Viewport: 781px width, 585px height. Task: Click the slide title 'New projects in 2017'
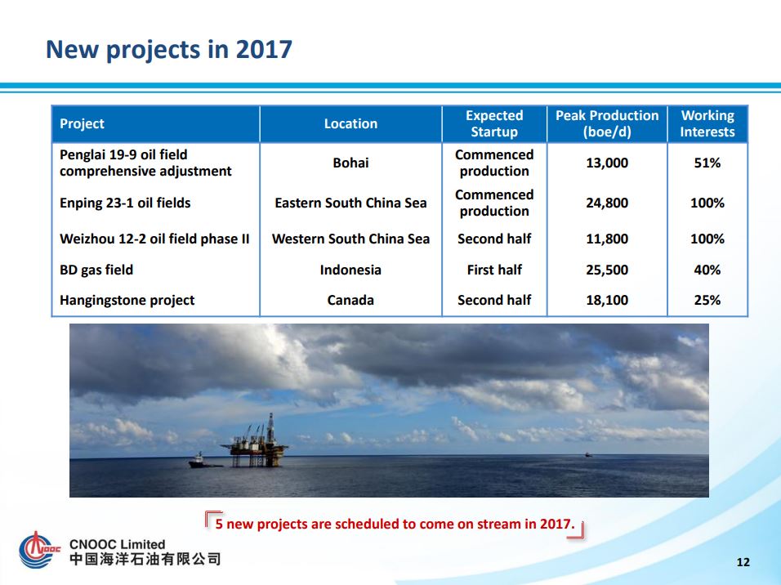[168, 49]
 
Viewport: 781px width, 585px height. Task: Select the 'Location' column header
[350, 123]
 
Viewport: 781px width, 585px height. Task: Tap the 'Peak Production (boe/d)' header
[607, 123]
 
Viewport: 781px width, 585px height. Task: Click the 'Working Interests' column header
[707, 123]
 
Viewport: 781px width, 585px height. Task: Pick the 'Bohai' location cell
[350, 163]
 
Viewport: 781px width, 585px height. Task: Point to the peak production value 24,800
[607, 203]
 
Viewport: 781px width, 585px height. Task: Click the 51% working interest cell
[707, 163]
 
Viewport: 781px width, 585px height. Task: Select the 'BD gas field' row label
[96, 270]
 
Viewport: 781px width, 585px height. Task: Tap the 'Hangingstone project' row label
[127, 300]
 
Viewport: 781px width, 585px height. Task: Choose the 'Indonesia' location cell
[350, 270]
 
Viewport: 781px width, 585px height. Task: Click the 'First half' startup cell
[494, 270]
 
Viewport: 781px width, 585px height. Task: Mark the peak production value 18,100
[607, 300]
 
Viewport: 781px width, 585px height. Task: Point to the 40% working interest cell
[707, 270]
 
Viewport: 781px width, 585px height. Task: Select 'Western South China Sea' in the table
[350, 239]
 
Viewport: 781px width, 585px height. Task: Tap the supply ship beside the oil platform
[203, 461]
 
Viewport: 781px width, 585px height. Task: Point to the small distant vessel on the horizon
[588, 454]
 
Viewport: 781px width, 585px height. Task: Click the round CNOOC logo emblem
[36, 551]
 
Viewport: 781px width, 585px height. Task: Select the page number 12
[743, 562]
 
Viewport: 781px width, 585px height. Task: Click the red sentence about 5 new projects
[395, 524]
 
